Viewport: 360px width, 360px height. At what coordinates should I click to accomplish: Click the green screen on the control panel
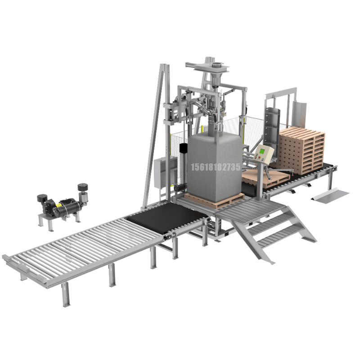coord(262,151)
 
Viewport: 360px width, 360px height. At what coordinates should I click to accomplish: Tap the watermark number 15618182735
coord(216,167)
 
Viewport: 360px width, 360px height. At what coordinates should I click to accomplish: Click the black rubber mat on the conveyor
coord(167,216)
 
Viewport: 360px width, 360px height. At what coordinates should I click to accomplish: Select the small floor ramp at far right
coord(330,193)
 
